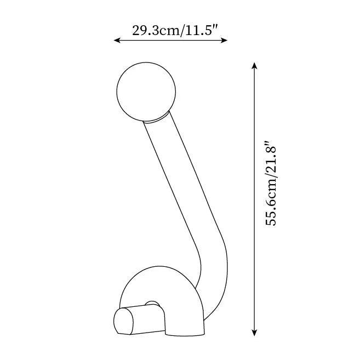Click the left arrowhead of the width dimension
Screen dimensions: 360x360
pyautogui.click(x=116, y=40)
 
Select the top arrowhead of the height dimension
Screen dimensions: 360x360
pyautogui.click(x=254, y=65)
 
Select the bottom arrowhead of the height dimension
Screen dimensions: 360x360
pyautogui.click(x=254, y=333)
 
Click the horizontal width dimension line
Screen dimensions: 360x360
pyautogui.click(x=170, y=40)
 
